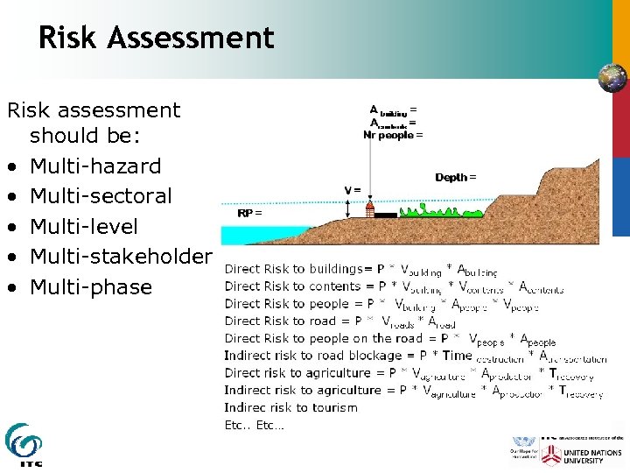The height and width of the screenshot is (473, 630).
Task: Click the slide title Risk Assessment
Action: point(157,38)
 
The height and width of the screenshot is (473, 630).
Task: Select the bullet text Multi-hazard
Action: point(95,166)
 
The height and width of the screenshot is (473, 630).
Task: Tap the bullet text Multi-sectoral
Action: point(101,196)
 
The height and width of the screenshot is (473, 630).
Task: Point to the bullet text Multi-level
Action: point(84,226)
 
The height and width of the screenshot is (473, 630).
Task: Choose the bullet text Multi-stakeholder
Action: point(121,257)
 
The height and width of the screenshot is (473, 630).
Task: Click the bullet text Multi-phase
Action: point(91,286)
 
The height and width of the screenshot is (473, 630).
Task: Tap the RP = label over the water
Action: point(249,213)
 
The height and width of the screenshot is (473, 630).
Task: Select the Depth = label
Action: point(456,178)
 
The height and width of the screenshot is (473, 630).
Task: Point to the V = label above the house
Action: point(353,190)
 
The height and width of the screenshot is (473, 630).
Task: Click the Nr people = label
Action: point(393,135)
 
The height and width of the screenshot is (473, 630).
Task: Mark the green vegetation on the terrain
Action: point(441,211)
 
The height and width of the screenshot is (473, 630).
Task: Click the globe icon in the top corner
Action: point(612,78)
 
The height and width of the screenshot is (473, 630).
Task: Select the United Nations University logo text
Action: point(583,455)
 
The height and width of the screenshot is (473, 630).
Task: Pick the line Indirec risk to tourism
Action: point(290,407)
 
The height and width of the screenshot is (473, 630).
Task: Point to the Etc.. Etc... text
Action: point(254,426)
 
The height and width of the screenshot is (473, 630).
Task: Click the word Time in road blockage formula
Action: point(457,355)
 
